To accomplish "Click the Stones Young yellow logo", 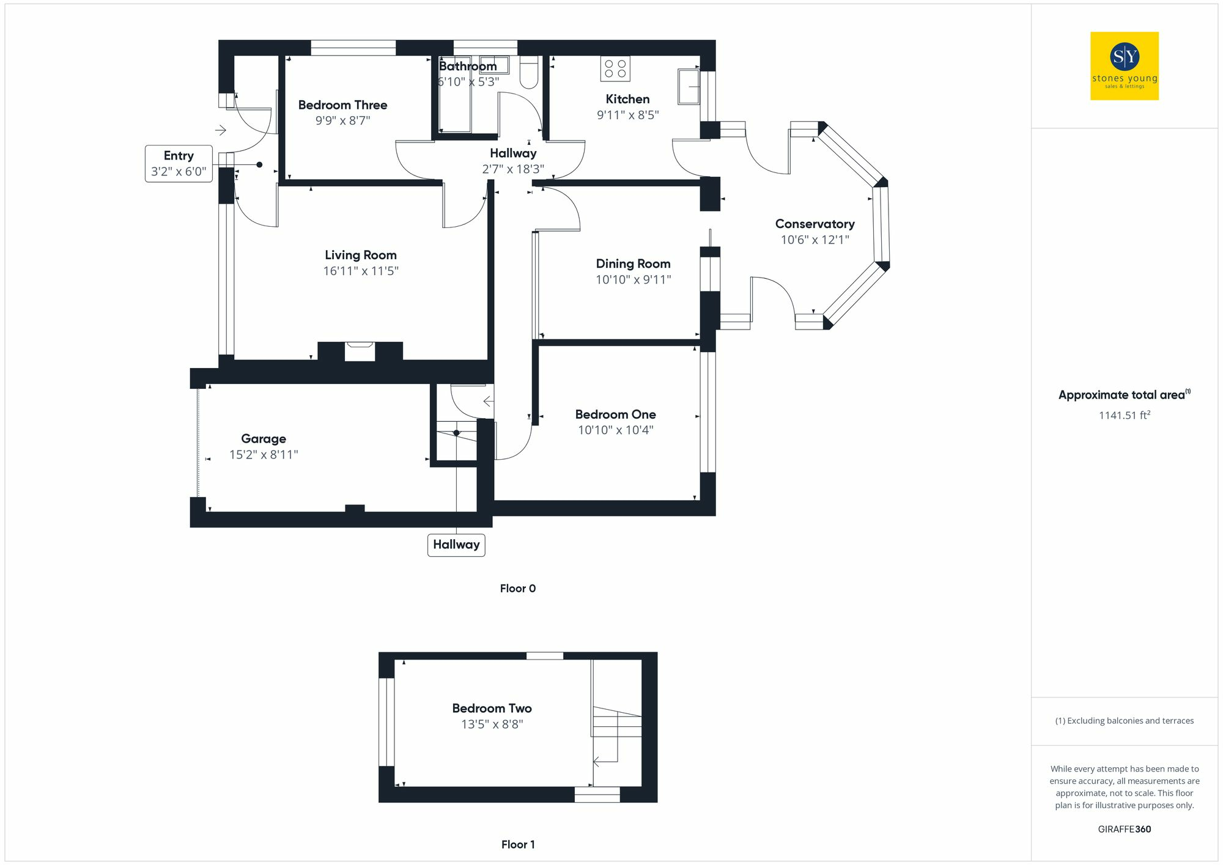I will (1124, 66).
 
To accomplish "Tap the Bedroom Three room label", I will (342, 105).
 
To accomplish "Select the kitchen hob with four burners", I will (615, 68).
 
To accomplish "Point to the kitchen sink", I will (689, 87).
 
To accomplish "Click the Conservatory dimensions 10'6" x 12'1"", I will (815, 240).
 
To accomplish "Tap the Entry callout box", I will (179, 164).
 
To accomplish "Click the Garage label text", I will (264, 439).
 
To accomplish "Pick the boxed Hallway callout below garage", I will (456, 545).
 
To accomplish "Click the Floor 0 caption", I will (517, 588).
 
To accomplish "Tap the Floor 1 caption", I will (517, 844).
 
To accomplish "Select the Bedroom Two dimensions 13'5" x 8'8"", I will (492, 724).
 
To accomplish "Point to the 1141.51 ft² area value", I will (1124, 415).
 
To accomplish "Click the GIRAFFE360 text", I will (1124, 829).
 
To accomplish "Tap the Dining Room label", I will (633, 264).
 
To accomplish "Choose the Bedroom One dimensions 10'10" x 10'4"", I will (615, 430).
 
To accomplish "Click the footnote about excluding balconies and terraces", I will (1124, 721).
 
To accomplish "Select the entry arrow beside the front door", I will (221, 130).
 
